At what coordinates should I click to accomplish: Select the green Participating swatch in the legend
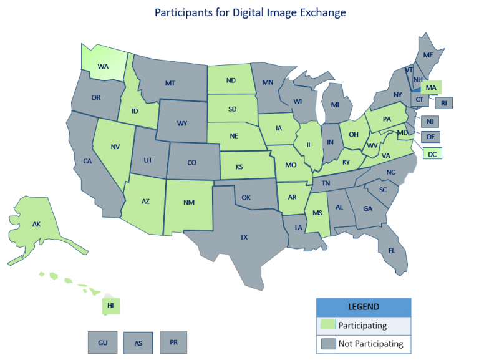(x=327, y=325)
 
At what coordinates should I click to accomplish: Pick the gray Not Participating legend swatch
(x=327, y=343)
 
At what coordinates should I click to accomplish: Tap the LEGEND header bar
(x=364, y=307)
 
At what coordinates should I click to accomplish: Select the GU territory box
(x=102, y=343)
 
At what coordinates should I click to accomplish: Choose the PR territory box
(x=173, y=342)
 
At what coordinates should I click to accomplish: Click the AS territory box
(x=138, y=343)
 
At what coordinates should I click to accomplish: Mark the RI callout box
(x=444, y=103)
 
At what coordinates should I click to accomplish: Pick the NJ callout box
(x=430, y=122)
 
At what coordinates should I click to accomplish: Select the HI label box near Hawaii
(x=110, y=306)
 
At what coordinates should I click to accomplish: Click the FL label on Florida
(x=391, y=250)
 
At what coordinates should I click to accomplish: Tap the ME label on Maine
(x=428, y=55)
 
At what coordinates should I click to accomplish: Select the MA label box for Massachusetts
(x=431, y=87)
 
